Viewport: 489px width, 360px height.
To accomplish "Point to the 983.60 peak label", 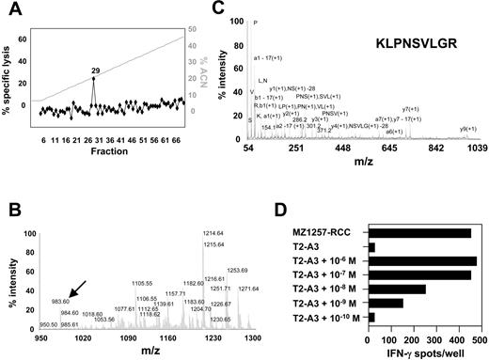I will click(58, 290).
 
